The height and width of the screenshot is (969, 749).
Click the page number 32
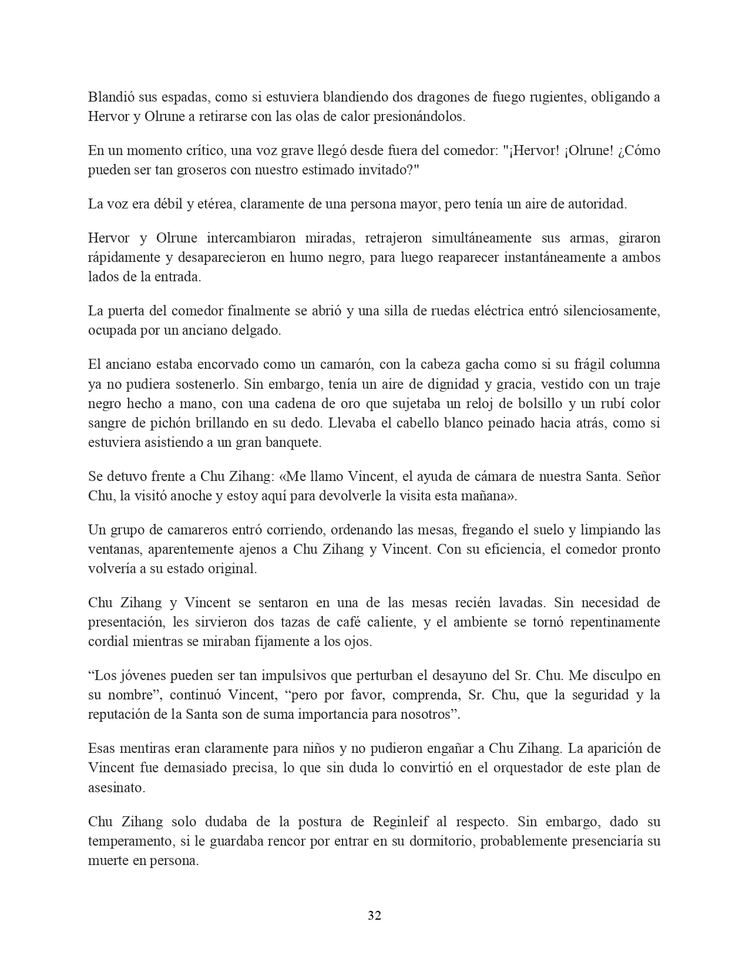click(374, 916)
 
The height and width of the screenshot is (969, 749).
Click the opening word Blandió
click(109, 97)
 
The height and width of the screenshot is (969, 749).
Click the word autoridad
click(597, 204)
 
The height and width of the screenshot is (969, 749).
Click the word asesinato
click(116, 788)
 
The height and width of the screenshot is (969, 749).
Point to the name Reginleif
click(404, 822)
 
